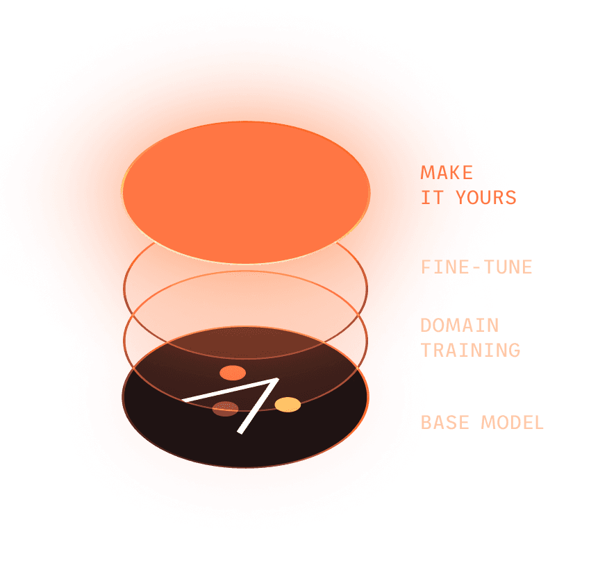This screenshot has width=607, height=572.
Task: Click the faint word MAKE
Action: [x=445, y=172]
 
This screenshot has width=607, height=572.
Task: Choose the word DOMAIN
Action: [x=460, y=325]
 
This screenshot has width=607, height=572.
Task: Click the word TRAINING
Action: [x=471, y=350]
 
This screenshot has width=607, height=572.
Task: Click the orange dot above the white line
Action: [x=233, y=373]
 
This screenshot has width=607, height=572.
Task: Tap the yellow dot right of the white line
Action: [x=288, y=404]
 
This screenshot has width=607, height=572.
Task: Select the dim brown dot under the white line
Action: [x=225, y=409]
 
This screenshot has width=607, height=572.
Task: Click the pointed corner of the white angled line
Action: [x=276, y=380]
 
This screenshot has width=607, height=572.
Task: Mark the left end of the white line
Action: [x=185, y=400]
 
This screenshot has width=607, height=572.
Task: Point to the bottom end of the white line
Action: [x=240, y=432]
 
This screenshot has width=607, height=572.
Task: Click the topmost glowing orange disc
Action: [x=245, y=192]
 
